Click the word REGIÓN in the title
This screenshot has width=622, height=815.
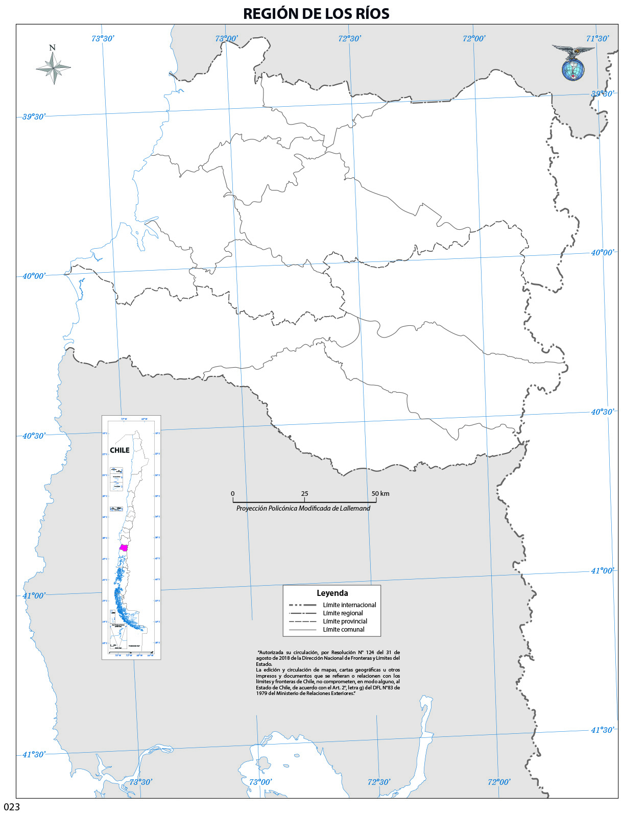[270, 14]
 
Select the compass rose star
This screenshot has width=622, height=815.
[53, 67]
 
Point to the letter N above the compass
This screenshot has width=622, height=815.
[52, 47]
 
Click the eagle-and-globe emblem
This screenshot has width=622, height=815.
[573, 63]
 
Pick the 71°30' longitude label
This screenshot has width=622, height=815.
[597, 38]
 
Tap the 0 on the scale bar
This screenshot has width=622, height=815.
[233, 494]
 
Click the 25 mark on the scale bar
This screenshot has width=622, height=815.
[305, 494]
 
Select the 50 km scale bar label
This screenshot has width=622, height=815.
[380, 494]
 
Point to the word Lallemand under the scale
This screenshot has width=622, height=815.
[354, 509]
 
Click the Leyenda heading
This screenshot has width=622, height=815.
[332, 593]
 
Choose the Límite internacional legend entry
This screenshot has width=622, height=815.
[349, 605]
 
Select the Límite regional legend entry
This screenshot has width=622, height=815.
[343, 613]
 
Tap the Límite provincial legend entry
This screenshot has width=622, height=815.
[345, 621]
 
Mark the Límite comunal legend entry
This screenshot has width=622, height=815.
[344, 630]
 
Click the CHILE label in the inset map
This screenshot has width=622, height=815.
[120, 450]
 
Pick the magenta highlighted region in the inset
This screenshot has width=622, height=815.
[123, 548]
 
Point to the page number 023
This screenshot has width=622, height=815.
[12, 807]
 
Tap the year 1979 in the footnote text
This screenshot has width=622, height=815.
[262, 693]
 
